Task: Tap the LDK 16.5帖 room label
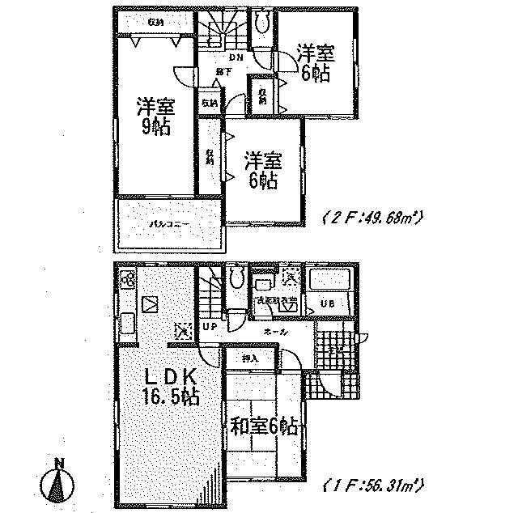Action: (x=170, y=388)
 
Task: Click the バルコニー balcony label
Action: (x=168, y=223)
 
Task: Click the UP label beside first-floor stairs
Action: (x=210, y=328)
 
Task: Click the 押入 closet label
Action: (x=249, y=357)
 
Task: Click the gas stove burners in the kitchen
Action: (x=129, y=282)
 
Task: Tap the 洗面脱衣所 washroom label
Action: (x=274, y=301)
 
